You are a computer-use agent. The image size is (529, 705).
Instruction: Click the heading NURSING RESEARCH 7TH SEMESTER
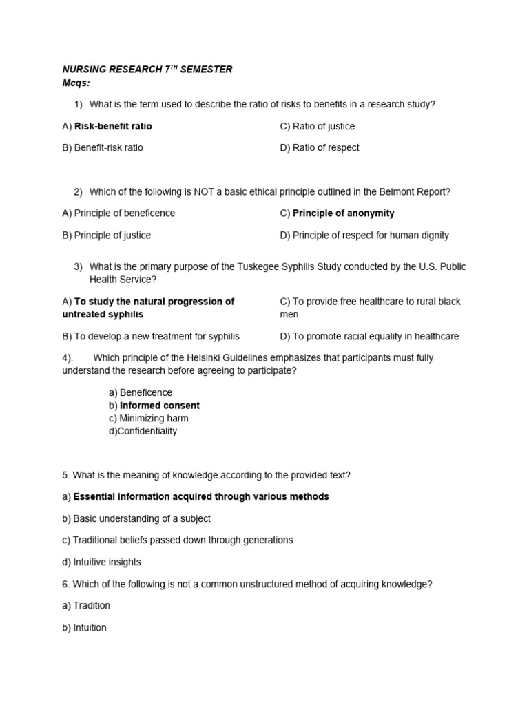click(x=147, y=70)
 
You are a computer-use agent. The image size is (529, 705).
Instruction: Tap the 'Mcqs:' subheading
click(x=76, y=83)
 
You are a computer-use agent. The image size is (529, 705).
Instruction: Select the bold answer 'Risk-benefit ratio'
click(x=113, y=126)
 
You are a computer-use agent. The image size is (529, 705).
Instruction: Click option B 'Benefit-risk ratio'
click(x=108, y=147)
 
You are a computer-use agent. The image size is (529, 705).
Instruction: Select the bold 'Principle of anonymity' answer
click(x=344, y=213)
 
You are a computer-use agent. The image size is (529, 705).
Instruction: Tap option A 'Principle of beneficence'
click(x=124, y=213)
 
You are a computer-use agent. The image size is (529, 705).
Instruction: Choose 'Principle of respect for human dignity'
click(x=371, y=235)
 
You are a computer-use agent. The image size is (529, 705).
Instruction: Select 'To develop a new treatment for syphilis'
click(x=156, y=337)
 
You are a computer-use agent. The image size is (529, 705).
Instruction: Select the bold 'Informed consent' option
click(x=160, y=406)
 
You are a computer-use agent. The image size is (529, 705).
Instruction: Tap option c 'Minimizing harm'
click(x=154, y=419)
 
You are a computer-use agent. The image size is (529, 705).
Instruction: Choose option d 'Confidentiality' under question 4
click(x=147, y=431)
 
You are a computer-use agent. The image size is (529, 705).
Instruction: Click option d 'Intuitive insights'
click(x=107, y=562)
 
